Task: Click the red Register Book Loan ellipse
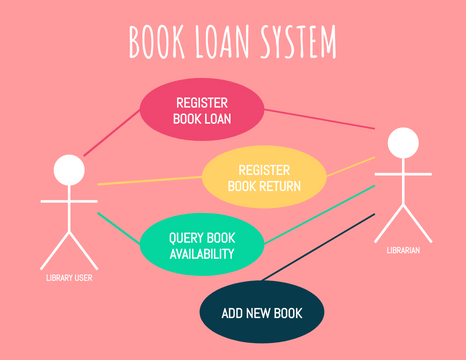coord(201,111)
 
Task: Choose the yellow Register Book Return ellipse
coord(265,177)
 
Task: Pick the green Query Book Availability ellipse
coord(201,246)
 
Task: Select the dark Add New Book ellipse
coord(262,313)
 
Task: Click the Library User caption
coord(69,278)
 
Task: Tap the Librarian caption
coord(403,250)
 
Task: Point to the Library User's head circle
coord(69,170)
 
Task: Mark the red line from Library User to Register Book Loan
coord(112,133)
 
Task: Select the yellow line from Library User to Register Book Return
coord(150,181)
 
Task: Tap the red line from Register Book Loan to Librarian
coord(320,120)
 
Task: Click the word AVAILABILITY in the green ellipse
coord(201,254)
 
